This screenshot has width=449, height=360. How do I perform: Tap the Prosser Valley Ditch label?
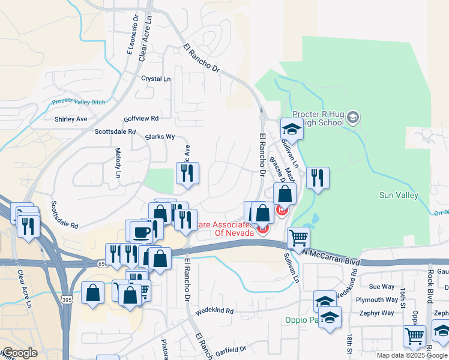pos(78,102)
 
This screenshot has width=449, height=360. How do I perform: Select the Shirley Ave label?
pos(71,119)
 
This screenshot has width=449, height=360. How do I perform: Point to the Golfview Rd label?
pos(140,119)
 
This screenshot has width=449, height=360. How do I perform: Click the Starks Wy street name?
pos(160,137)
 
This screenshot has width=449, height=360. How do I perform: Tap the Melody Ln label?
pos(118,163)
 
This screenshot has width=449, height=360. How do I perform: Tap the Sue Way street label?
pos(382,287)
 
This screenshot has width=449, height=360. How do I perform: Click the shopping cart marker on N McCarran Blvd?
pos(298,238)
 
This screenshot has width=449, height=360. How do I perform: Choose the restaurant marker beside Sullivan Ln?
pos(318,178)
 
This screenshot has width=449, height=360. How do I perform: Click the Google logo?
pos(20,353)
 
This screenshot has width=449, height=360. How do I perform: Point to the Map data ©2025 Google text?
pos(412,355)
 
